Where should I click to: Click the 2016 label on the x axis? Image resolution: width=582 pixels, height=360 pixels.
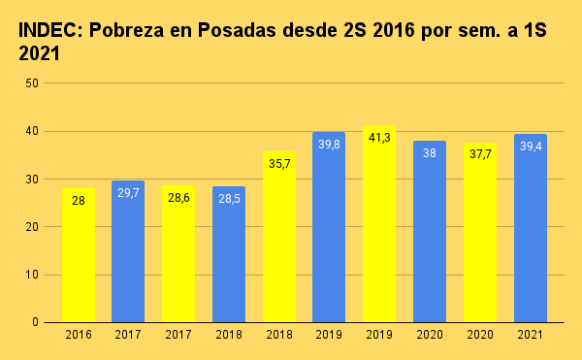(79, 335)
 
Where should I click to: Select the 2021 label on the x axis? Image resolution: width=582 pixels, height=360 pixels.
(531, 335)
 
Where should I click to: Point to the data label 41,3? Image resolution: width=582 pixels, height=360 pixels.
(379, 138)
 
